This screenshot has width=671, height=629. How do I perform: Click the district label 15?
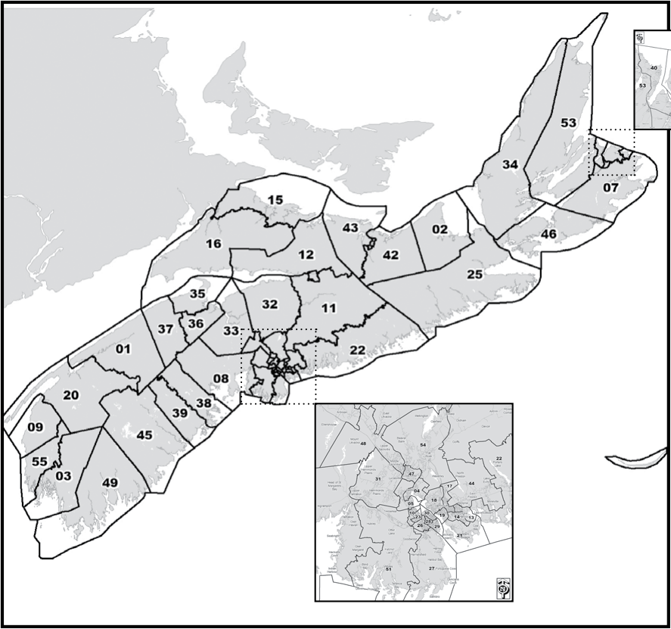click(x=275, y=200)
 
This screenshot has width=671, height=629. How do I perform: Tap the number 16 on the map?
click(x=213, y=243)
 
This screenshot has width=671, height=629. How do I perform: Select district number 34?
click(x=510, y=164)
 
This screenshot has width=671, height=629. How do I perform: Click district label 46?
click(x=548, y=234)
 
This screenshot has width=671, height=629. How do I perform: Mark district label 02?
click(x=440, y=229)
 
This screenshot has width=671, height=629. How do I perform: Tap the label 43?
click(x=349, y=228)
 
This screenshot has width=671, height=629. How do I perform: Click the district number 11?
click(x=328, y=308)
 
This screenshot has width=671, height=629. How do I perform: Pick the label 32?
click(x=270, y=304)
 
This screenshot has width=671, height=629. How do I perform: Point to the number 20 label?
click(x=71, y=395)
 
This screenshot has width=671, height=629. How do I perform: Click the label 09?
click(x=35, y=427)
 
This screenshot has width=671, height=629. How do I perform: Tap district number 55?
click(x=40, y=461)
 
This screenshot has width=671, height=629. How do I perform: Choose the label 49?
click(x=110, y=483)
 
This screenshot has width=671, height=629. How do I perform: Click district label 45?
click(x=144, y=434)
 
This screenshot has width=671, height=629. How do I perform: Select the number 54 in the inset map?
click(x=423, y=444)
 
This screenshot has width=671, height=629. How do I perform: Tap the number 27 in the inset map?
click(x=431, y=568)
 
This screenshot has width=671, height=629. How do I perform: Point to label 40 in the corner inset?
click(x=654, y=68)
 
